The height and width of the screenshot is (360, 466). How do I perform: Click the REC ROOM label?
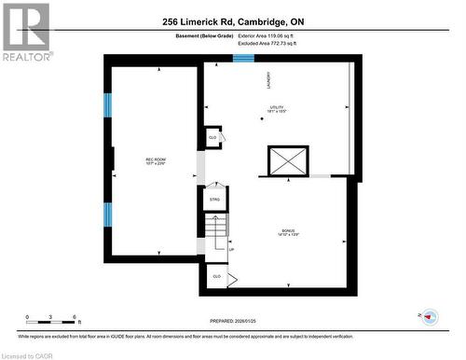click(155, 161)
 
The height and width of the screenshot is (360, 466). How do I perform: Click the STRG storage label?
click(213, 199)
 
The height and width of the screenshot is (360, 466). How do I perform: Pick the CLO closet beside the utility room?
click(212, 137)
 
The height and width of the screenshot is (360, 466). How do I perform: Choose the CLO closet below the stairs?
click(216, 277)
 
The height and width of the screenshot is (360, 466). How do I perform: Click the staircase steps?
click(215, 231)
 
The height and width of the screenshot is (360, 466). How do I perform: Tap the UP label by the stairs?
click(231, 250)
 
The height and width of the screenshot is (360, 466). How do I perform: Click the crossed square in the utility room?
click(286, 161)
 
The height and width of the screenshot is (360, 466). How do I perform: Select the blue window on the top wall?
click(243, 59)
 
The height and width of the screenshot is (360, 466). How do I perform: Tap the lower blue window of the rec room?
click(107, 215)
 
